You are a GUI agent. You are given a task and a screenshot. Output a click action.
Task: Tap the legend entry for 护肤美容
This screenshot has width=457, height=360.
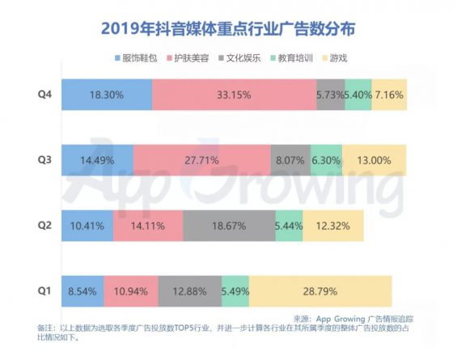tap(194, 59)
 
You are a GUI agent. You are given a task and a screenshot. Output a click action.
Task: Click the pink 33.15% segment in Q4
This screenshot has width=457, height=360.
tap(234, 95)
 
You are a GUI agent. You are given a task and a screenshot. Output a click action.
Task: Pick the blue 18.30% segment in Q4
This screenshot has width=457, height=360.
tap(107, 95)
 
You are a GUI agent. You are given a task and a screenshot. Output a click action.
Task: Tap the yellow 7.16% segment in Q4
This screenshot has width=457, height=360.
tap(389, 95)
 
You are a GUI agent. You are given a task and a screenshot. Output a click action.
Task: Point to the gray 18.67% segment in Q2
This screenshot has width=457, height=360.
tap(229, 226)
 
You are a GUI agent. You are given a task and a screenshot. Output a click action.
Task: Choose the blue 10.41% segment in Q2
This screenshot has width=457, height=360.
tap(87, 226)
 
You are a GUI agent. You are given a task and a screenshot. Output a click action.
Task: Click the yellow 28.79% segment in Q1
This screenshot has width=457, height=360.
tap(320, 290)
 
